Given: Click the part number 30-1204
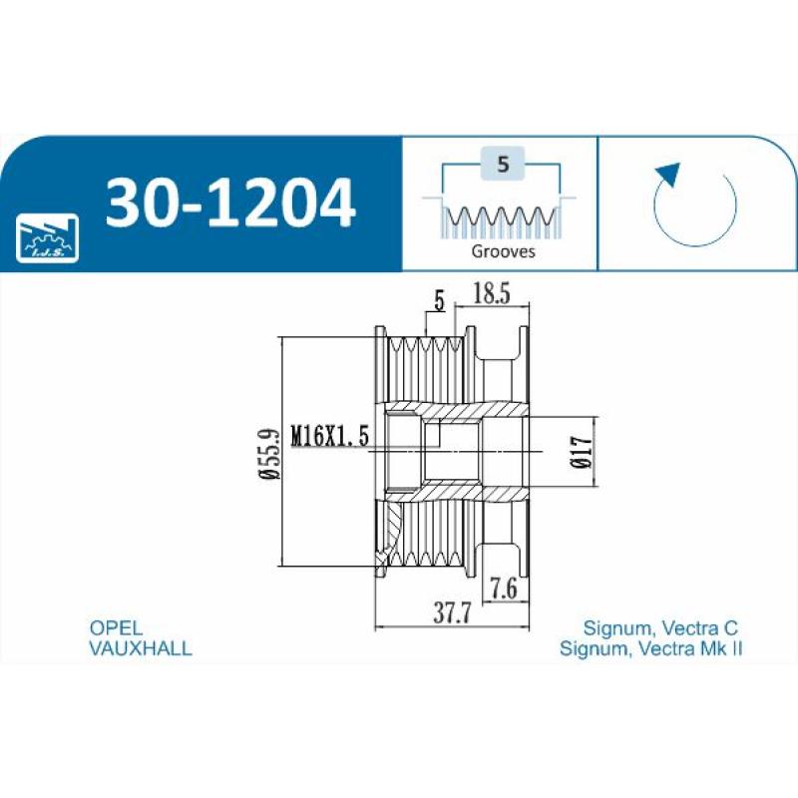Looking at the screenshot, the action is point(229,201).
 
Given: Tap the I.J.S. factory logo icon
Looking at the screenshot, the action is point(46,239).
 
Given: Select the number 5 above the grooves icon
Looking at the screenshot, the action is point(503,165).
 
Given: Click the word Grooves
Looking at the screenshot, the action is point(504,251).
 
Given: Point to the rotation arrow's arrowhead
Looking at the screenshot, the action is point(669,176).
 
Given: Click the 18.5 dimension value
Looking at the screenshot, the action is point(491,293).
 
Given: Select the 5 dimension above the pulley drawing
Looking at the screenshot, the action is point(439,300).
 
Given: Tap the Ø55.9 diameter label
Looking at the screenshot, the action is point(269,452).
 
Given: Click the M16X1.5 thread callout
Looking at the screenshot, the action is point(330,436).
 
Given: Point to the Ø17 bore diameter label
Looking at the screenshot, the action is point(582,452).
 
